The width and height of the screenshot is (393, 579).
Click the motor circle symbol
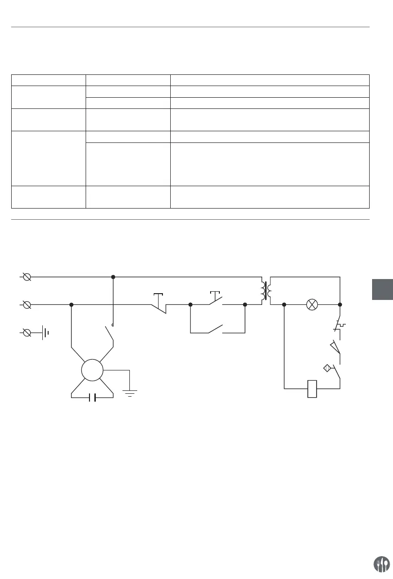point(92,371)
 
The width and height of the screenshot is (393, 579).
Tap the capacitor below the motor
point(92,398)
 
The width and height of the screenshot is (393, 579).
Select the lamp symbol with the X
point(312,305)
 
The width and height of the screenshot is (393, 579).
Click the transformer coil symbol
point(266,291)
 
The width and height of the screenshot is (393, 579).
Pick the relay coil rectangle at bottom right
point(312,388)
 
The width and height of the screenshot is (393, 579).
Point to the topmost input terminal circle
point(28,277)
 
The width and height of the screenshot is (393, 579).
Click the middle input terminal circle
point(28,305)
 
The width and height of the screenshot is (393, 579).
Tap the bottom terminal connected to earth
point(28,333)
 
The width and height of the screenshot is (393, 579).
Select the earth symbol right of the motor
point(129,392)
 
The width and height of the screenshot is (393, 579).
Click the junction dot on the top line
point(113,277)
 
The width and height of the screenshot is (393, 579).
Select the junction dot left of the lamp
point(284,305)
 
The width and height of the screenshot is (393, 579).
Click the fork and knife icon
point(381,564)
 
